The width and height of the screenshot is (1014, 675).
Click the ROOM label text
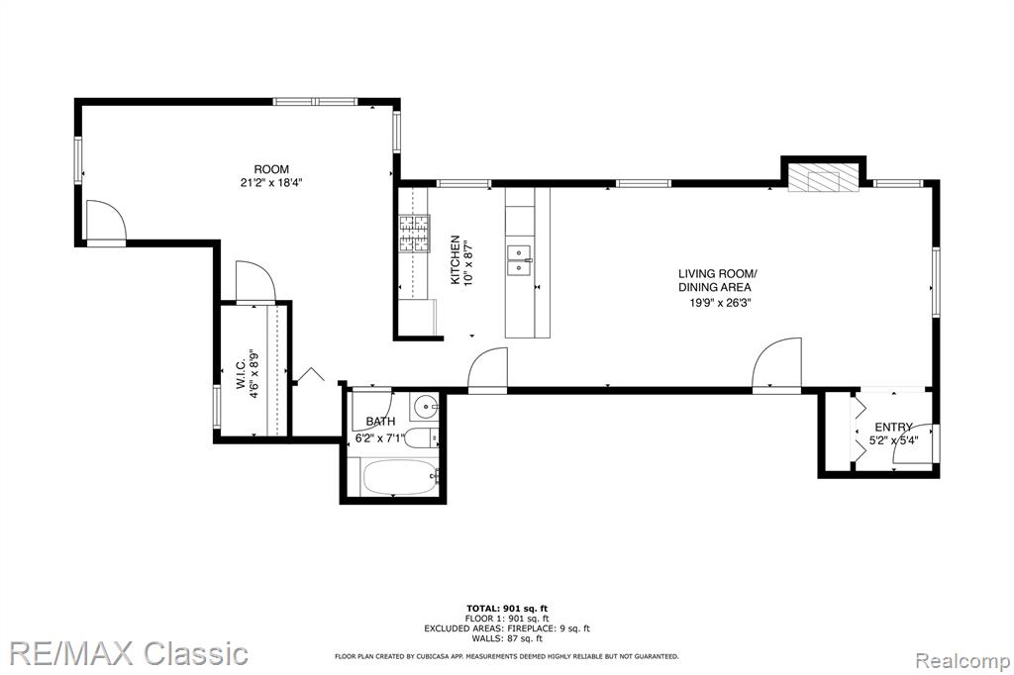click(271, 169)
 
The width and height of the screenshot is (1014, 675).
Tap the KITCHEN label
click(456, 259)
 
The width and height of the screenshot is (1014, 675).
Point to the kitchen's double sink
click(519, 259)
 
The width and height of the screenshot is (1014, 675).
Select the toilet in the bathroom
click(424, 438)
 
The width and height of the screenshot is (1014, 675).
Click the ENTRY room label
click(893, 427)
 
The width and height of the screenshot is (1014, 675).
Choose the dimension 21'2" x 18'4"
click(271, 183)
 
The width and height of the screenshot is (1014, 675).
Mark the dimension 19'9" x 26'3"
click(717, 302)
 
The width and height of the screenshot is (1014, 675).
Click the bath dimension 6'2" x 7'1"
click(380, 437)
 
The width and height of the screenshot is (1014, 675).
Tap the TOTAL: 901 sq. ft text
click(507, 608)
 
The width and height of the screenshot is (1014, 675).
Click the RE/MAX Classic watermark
click(130, 653)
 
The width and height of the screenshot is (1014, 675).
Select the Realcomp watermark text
click(963, 661)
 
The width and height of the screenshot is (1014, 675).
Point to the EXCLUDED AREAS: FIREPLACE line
click(507, 628)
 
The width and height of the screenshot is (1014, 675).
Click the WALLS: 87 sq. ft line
click(507, 638)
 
